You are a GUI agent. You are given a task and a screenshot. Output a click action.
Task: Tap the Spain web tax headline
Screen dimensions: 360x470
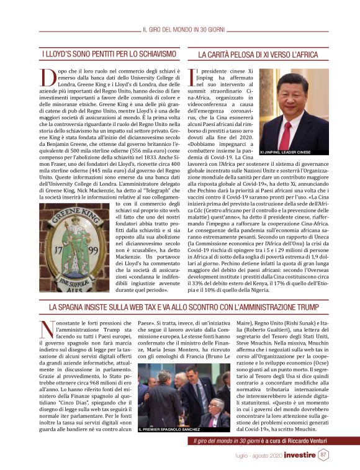pyautogui.click(x=180, y=307)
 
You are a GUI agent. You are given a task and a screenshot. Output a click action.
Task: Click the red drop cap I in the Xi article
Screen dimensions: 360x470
pyautogui.click(x=194, y=78)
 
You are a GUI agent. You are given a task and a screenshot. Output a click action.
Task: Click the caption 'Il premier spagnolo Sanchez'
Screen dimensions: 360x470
pyautogui.click(x=169, y=428)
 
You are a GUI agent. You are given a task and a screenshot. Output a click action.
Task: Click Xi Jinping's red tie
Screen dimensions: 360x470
pyautogui.click(x=286, y=135)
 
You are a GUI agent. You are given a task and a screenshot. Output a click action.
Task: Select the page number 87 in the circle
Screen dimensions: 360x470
pyautogui.click(x=323, y=455)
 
